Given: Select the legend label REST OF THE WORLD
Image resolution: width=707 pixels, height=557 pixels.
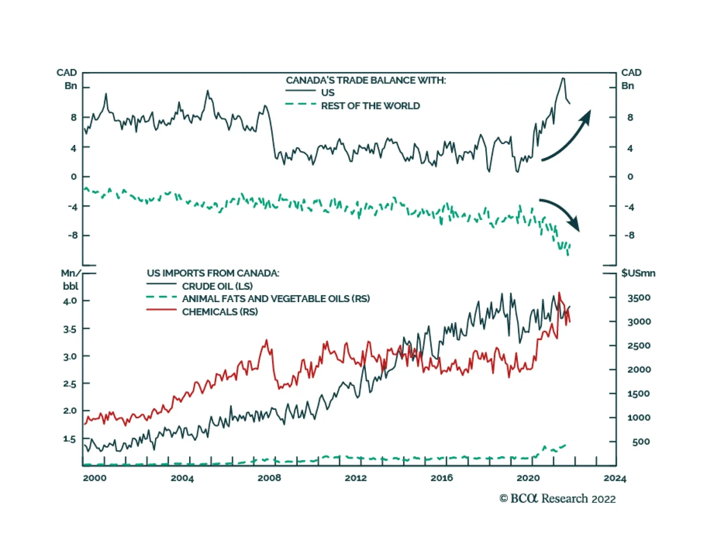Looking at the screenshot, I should [x=370, y=106].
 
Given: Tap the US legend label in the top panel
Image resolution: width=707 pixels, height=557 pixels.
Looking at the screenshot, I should [x=327, y=93].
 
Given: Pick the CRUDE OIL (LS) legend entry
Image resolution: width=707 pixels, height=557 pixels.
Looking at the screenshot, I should [x=217, y=286].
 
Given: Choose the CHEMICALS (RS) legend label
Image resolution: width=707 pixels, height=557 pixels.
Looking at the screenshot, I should [x=220, y=312].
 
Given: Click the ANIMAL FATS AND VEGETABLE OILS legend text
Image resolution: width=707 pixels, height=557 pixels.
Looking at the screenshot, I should [x=276, y=299].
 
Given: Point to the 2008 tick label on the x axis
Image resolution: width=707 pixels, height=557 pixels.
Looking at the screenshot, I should [x=269, y=478].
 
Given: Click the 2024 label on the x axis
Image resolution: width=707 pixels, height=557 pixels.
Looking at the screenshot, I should [x=615, y=478].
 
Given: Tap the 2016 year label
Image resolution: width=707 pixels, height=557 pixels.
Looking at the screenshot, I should [x=441, y=478].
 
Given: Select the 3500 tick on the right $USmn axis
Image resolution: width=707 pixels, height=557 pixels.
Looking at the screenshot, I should [x=639, y=298].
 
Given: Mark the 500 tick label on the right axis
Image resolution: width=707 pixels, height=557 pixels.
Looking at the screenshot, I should [x=641, y=442].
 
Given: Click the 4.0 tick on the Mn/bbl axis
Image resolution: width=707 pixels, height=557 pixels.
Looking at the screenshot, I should [x=70, y=301].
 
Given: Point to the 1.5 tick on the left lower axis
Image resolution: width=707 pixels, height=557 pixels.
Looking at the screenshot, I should [x=70, y=439].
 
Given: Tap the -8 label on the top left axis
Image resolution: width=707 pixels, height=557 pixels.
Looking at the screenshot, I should [x=72, y=235].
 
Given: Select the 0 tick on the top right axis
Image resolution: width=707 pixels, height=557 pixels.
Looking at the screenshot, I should [x=630, y=177].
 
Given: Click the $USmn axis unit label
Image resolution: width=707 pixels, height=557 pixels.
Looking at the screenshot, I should [x=638, y=273].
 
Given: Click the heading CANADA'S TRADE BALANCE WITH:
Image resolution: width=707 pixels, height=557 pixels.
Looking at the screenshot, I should [x=366, y=80].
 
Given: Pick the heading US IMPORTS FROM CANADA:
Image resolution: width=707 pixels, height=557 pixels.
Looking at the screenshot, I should [x=213, y=273].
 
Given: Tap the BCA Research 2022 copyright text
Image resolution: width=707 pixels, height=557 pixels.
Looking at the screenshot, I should [x=557, y=499].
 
